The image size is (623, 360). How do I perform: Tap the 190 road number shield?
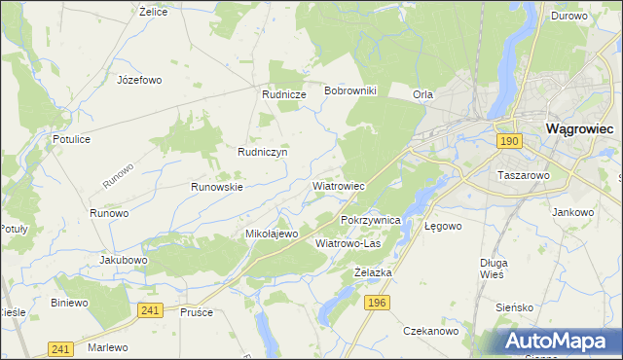coord(508,142)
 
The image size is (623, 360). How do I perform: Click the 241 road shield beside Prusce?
coord(149,309)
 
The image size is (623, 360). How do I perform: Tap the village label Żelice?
coord(155,12)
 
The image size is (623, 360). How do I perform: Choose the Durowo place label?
coord(568,16)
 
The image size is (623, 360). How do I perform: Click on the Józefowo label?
coord(138,80)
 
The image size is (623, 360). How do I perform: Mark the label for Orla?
coord(422,94)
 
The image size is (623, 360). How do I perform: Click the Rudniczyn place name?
coord(262,152)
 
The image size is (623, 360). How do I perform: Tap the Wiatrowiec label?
coord(338,185)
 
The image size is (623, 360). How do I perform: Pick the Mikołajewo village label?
coord(272,234)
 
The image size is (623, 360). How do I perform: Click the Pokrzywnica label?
coord(371,221)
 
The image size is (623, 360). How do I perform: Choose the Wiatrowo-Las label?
coord(348,243)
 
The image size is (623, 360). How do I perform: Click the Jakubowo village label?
coord(124,261)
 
